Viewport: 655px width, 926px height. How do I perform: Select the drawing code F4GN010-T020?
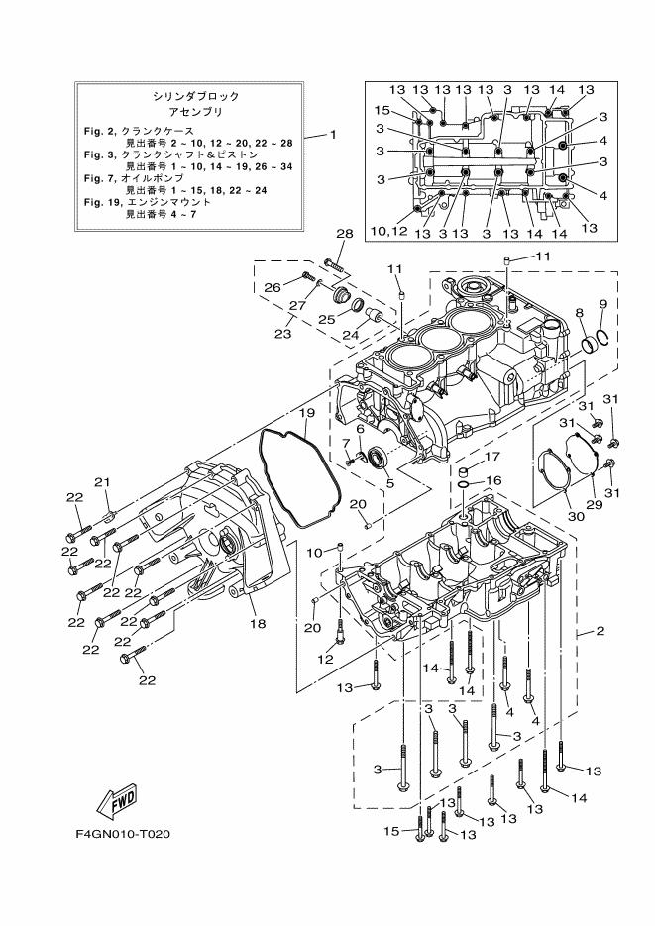click(x=123, y=833)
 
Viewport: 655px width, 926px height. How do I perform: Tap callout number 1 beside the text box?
click(x=333, y=134)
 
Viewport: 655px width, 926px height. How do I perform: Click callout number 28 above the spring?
click(x=344, y=234)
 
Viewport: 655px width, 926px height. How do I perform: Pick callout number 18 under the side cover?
click(x=258, y=625)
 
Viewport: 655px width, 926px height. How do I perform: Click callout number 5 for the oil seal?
click(x=389, y=483)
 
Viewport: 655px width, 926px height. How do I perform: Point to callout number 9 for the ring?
click(x=602, y=303)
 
